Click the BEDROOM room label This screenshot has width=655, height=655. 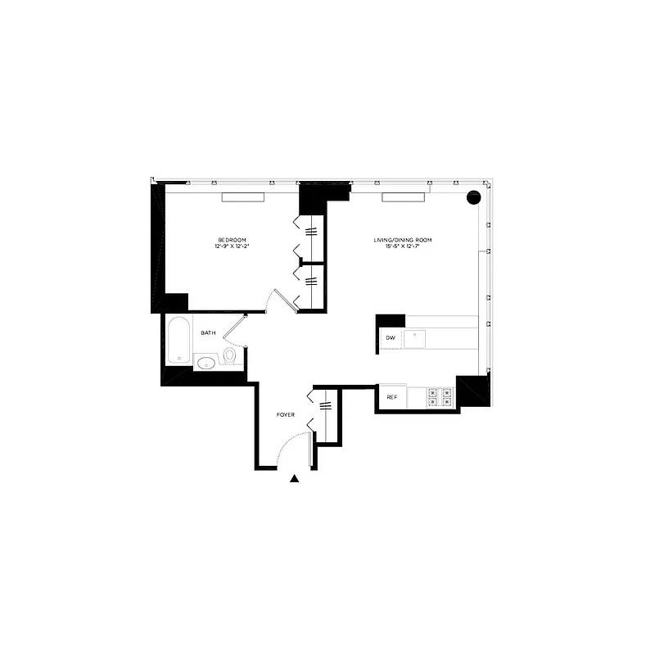(x=232, y=239)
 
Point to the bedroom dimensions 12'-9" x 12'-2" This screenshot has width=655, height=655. (x=232, y=246)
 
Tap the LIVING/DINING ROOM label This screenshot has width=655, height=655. (x=402, y=240)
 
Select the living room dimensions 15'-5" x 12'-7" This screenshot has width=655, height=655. (x=402, y=246)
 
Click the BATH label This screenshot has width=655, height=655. (x=209, y=332)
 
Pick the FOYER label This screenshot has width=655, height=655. (x=285, y=416)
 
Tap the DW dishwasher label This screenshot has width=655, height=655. (x=390, y=337)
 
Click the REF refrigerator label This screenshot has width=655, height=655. (x=391, y=398)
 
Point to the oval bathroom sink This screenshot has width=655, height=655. (x=206, y=361)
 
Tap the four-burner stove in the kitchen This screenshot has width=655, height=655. (x=439, y=397)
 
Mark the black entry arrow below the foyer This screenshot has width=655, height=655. (x=295, y=480)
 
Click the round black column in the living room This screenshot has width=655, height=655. (x=473, y=197)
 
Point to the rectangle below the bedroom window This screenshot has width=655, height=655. (x=243, y=196)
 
